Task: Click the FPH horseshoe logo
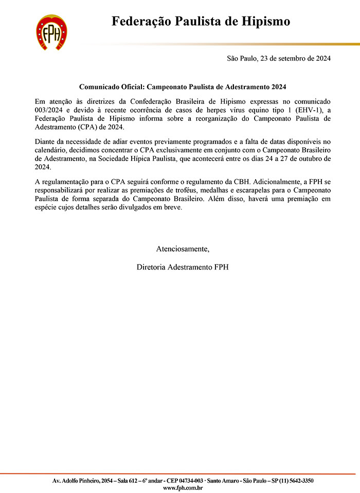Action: pyautogui.click(x=51, y=32)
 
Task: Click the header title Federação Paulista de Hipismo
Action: pyautogui.click(x=201, y=21)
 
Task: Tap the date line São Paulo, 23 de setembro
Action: pyautogui.click(x=279, y=58)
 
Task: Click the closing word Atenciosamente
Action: pyautogui.click(x=183, y=249)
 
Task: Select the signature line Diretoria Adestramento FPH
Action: pyautogui.click(x=183, y=267)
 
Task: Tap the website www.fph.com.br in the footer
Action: pyautogui.click(x=183, y=487)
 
